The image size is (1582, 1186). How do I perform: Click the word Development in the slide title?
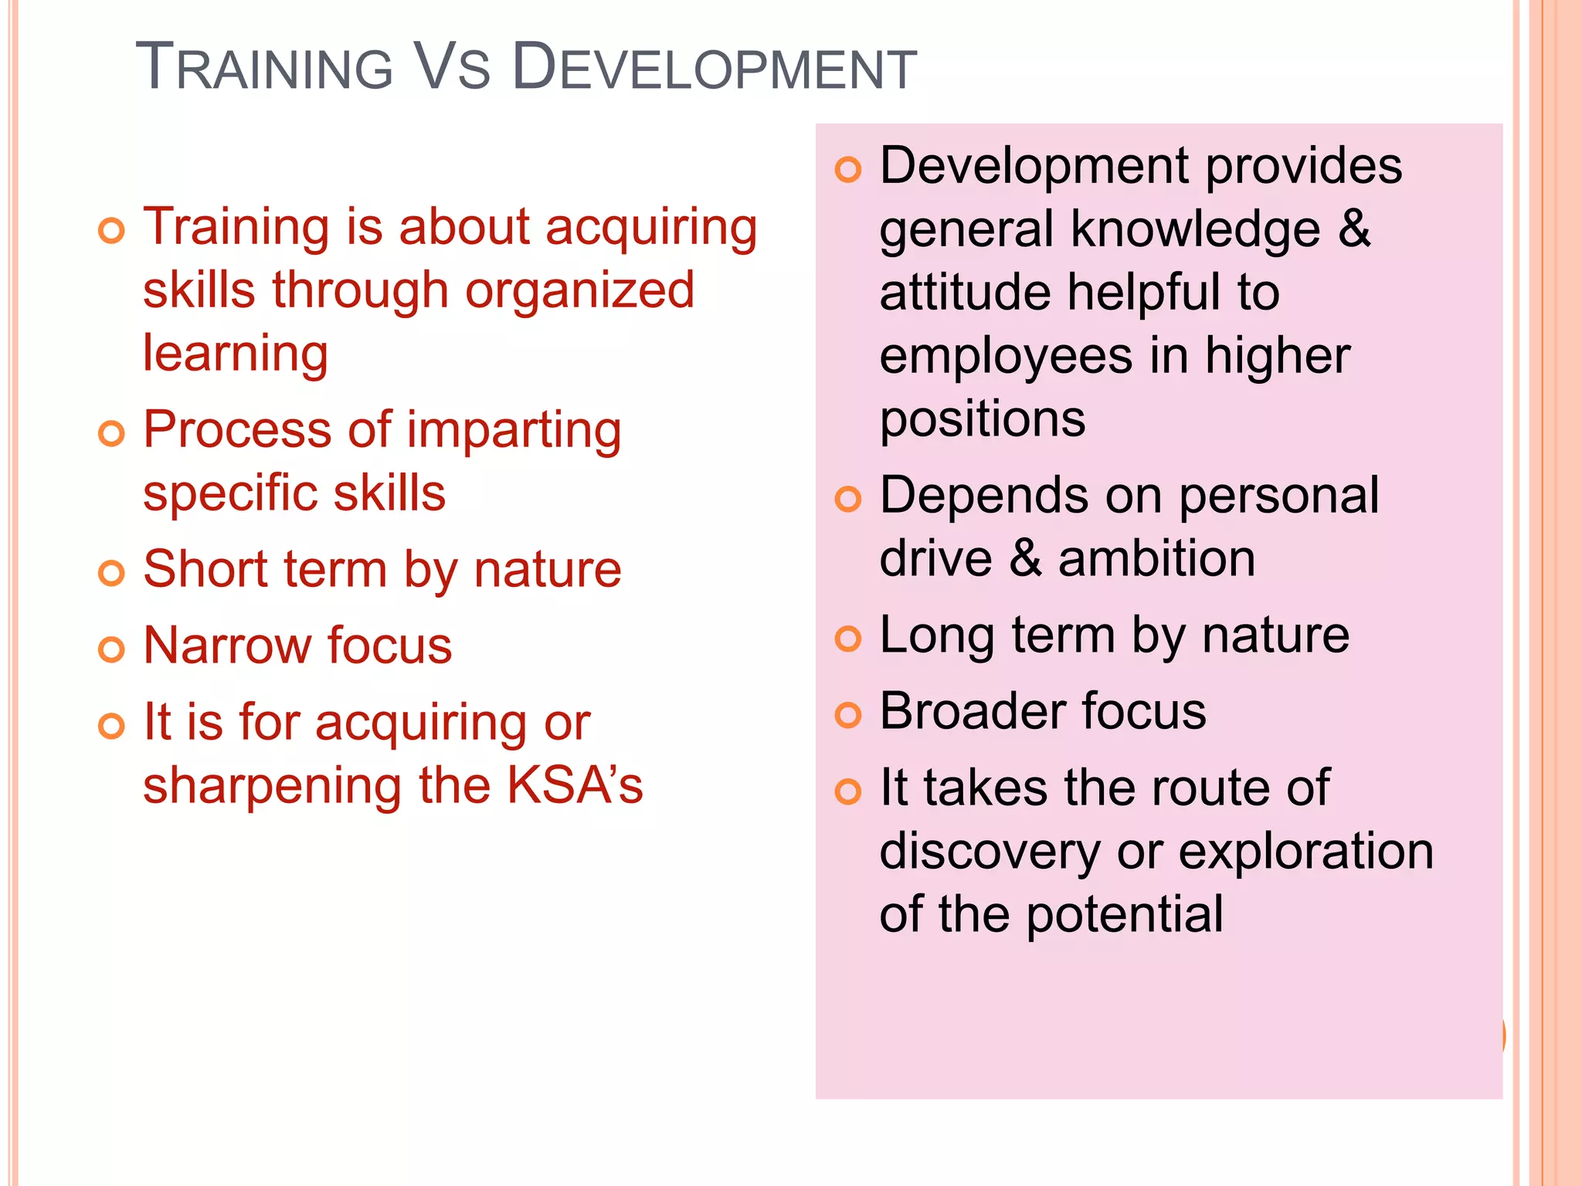[714, 68]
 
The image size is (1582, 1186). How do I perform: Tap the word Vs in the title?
[452, 68]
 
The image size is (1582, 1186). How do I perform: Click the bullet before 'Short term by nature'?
[112, 573]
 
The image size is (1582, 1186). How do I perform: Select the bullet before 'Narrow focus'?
[112, 649]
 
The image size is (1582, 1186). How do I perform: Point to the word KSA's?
[575, 785]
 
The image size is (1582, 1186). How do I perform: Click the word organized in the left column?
[579, 292]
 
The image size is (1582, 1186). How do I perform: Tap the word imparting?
[514, 431]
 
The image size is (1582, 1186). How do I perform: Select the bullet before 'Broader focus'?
[848, 715]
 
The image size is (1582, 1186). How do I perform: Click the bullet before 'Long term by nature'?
[848, 639]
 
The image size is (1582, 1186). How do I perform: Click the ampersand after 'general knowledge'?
[1354, 229]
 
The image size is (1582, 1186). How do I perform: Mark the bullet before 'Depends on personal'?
[848, 499]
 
